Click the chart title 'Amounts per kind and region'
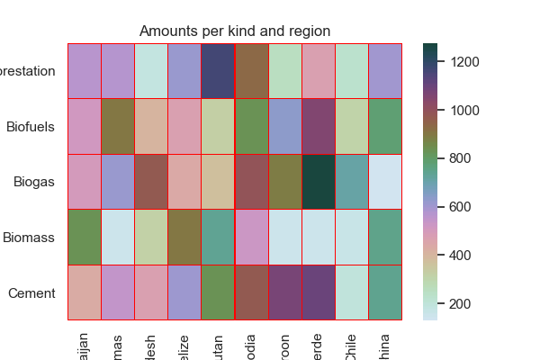point(235,31)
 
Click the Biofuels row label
point(31,127)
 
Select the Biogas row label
point(35,182)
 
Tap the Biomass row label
point(30,238)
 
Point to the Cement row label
point(33,293)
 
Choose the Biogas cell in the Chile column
point(352,182)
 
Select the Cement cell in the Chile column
point(352,293)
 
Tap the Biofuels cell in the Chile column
point(352,127)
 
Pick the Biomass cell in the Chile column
point(352,238)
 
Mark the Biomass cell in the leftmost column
point(85,238)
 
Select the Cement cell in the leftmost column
point(85,293)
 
